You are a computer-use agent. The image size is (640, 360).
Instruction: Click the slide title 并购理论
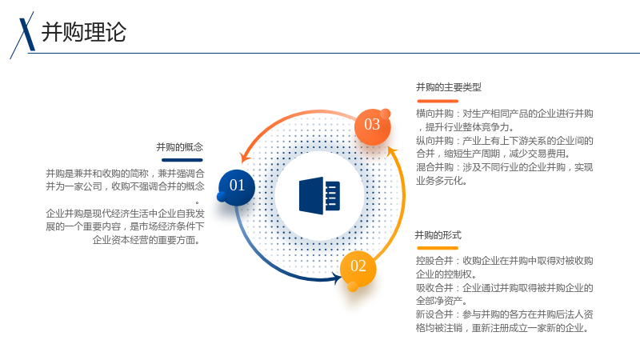tap(84, 32)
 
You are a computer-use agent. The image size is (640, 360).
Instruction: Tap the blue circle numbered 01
tap(237, 187)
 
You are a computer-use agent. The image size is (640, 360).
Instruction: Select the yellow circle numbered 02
tap(358, 268)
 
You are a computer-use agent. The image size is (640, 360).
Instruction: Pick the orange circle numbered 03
tap(372, 126)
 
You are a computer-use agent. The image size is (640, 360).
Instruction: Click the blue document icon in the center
tap(319, 195)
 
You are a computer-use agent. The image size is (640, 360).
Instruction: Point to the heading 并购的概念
tap(179, 147)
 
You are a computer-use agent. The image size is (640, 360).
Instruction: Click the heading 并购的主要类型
tap(449, 87)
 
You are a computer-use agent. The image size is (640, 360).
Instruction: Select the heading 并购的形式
tap(438, 235)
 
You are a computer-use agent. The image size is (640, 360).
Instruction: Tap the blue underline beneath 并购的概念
tap(182, 160)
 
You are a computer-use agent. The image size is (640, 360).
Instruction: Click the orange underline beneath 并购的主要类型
tap(438, 101)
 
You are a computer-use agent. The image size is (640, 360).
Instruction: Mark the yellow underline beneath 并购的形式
tap(438, 248)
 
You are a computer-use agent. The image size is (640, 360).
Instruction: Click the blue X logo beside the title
tap(23, 34)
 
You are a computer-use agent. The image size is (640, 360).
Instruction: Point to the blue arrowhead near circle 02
tap(338, 278)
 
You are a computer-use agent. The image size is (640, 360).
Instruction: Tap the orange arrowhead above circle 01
tap(245, 157)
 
